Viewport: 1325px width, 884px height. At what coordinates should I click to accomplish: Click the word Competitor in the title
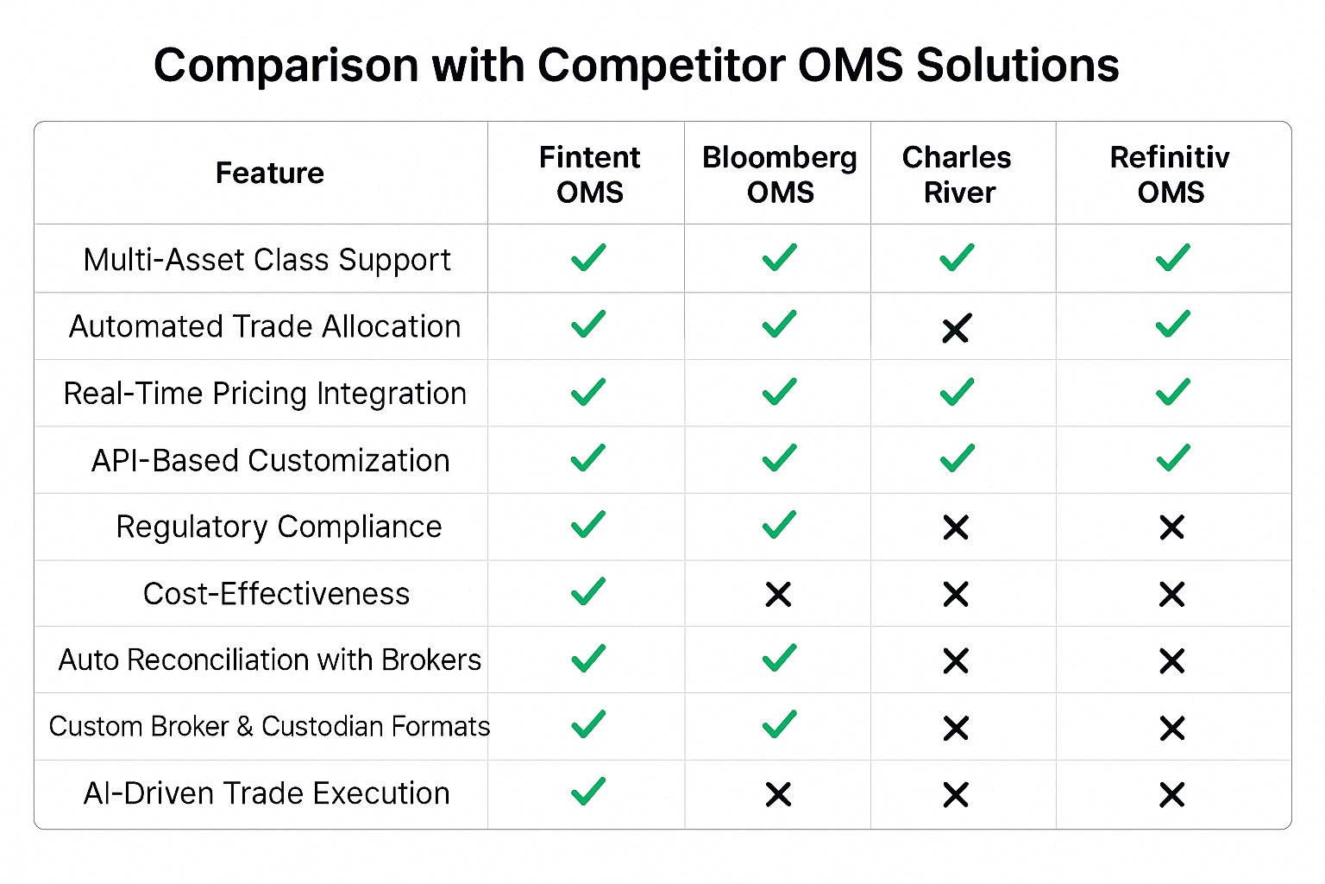(662, 65)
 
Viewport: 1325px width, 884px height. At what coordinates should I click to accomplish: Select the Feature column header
(270, 173)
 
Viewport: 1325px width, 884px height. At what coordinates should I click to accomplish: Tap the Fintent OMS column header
(590, 174)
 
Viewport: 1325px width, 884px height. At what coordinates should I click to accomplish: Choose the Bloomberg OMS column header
(780, 174)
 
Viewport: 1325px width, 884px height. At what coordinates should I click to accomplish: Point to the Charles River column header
(957, 174)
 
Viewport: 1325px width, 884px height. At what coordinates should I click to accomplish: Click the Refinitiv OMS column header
(1170, 174)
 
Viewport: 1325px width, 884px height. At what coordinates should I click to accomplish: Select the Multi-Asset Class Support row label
(267, 260)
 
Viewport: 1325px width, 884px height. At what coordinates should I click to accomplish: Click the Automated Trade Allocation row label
(265, 326)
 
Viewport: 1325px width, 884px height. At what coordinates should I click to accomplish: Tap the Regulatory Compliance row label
(279, 527)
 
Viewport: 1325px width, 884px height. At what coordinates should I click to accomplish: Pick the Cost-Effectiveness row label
(276, 593)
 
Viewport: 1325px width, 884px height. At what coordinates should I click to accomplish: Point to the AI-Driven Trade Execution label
(267, 793)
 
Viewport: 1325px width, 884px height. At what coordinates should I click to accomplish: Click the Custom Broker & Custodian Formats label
(269, 727)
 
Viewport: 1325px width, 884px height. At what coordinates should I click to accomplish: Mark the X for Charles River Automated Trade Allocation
(956, 329)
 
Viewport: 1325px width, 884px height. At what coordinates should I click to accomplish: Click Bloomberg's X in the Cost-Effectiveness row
(778, 595)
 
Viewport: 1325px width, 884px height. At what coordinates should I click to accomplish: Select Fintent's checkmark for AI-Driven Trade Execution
(588, 791)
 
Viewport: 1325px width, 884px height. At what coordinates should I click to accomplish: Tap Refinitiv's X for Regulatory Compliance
(1171, 527)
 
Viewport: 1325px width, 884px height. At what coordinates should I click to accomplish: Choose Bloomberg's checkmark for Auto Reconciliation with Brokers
(780, 658)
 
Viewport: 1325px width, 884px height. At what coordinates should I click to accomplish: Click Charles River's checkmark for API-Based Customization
(957, 458)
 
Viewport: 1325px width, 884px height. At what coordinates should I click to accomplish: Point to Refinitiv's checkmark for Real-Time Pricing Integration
(1173, 391)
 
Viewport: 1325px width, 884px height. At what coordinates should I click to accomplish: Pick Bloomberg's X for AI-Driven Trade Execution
(778, 794)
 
